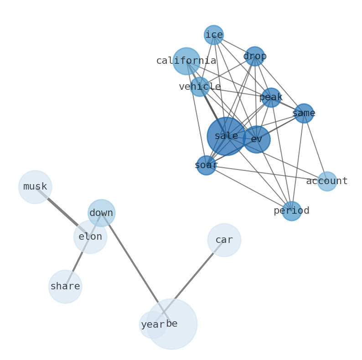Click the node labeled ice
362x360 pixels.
tap(213, 35)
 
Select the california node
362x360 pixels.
tap(186, 61)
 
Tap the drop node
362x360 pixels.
tap(254, 57)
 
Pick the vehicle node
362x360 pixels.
tap(200, 87)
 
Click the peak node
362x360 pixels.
tap(271, 98)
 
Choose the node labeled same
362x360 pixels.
tap(304, 113)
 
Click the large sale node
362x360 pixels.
tap(226, 136)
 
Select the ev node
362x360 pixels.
tap(257, 139)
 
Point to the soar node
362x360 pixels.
tap(206, 165)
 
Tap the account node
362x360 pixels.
tap(327, 181)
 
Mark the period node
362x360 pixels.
tap(291, 211)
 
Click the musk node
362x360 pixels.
tap(35, 187)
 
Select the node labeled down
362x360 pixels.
tap(101, 213)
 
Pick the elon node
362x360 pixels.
tap(90, 237)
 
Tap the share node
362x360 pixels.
tap(65, 287)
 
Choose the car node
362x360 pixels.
tap(224, 240)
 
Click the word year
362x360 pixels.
tap(152, 325)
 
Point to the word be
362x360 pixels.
tap(172, 324)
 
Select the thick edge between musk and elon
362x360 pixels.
tap(62, 211)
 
